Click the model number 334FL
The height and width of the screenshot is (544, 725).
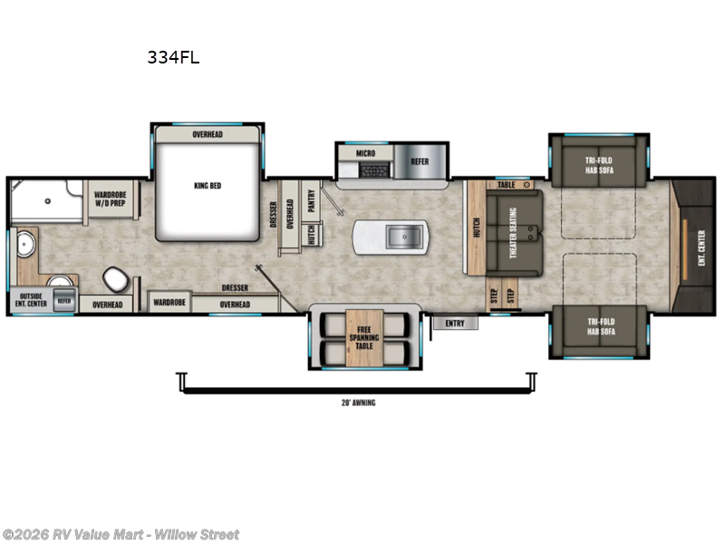pos(173,57)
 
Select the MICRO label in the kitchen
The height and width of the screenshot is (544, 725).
pos(365,154)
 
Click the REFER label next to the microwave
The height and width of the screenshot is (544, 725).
pos(420,162)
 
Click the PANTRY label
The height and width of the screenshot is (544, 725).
pos(311,199)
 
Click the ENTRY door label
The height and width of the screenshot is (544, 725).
pos(455,322)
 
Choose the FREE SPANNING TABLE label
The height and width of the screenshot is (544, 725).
pos(366,337)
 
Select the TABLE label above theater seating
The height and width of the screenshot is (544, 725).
pos(506,184)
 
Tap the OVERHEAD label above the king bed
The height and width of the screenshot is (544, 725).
pos(208,135)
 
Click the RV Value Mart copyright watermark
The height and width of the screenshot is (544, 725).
pos(121,534)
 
